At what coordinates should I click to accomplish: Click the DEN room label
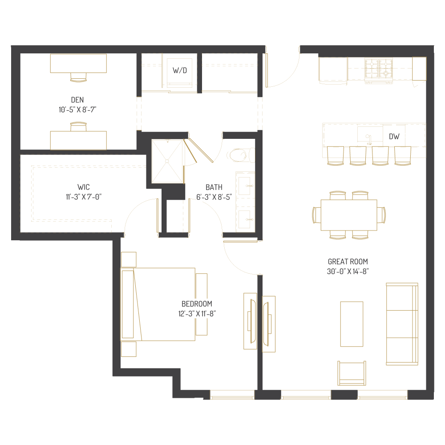pyautogui.click(x=77, y=100)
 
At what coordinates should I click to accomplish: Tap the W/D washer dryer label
pyautogui.click(x=180, y=70)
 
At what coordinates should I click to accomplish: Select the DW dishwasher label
pyautogui.click(x=394, y=137)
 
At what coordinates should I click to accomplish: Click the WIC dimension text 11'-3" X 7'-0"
pyautogui.click(x=84, y=196)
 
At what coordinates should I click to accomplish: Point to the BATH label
pyautogui.click(x=214, y=187)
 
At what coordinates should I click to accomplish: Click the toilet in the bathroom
pyautogui.click(x=239, y=155)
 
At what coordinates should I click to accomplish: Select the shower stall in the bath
pyautogui.click(x=167, y=161)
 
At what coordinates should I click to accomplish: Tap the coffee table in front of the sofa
pyautogui.click(x=352, y=324)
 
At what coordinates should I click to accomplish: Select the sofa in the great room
pyautogui.click(x=402, y=324)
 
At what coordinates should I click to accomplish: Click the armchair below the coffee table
pyautogui.click(x=352, y=373)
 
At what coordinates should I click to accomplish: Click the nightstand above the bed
pyautogui.click(x=129, y=259)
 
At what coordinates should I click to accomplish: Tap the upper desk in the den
pyautogui.click(x=78, y=63)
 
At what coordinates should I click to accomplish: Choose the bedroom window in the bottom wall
pyautogui.click(x=232, y=394)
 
